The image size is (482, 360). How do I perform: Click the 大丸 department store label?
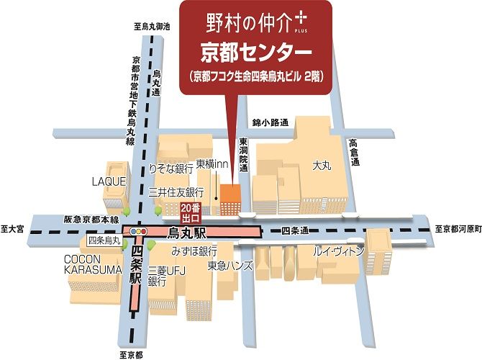(321, 166)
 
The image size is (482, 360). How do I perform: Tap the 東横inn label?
(212, 163)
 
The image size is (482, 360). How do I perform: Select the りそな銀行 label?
(170, 168)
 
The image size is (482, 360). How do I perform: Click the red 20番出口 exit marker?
(192, 211)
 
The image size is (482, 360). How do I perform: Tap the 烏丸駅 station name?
(186, 232)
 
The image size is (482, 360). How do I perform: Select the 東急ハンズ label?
(230, 266)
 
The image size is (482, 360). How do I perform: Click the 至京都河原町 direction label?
(456, 229)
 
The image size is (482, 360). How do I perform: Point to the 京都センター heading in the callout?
(255, 53)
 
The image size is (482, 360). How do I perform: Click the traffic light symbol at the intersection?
(138, 232)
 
